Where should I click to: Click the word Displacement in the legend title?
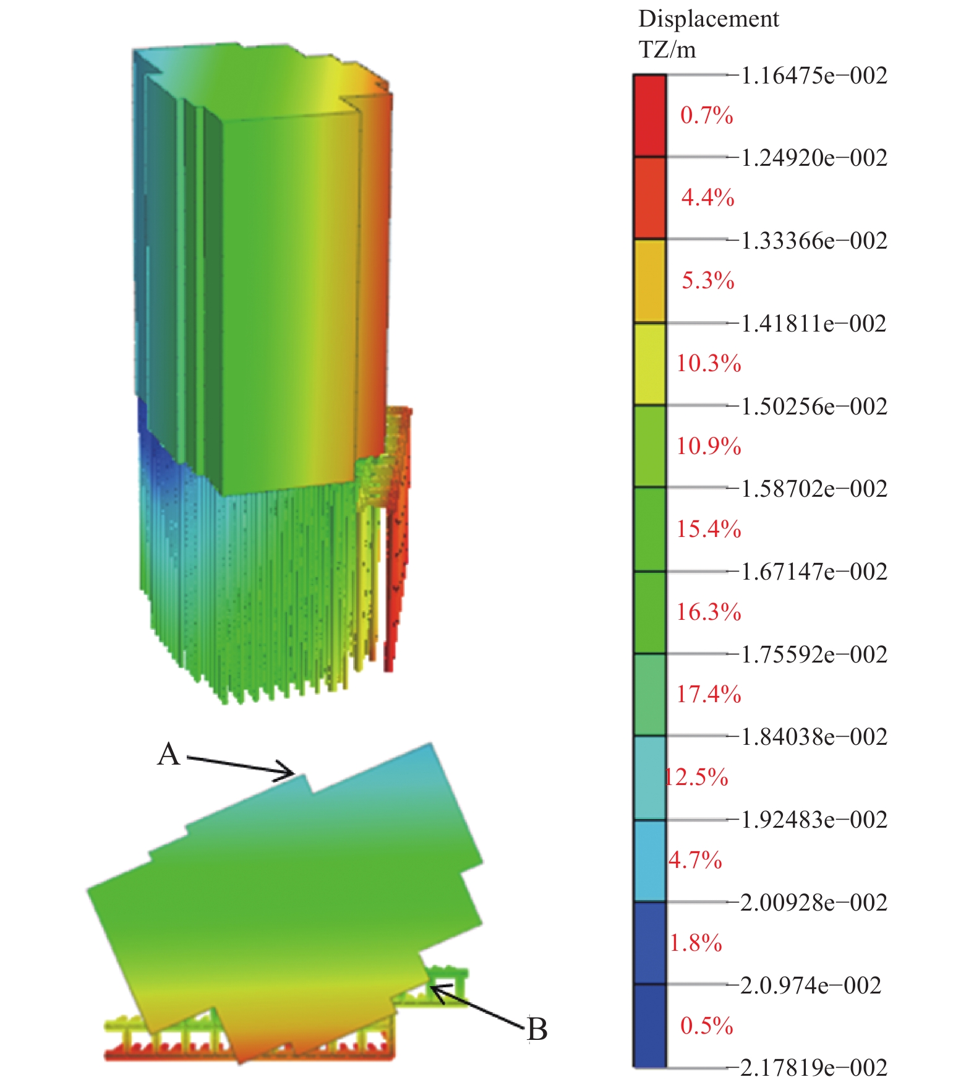(x=708, y=20)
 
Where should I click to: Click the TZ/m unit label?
(x=667, y=49)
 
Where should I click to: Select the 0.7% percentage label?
(x=707, y=116)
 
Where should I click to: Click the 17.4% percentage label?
(x=709, y=695)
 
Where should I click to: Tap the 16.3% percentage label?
(x=709, y=612)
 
